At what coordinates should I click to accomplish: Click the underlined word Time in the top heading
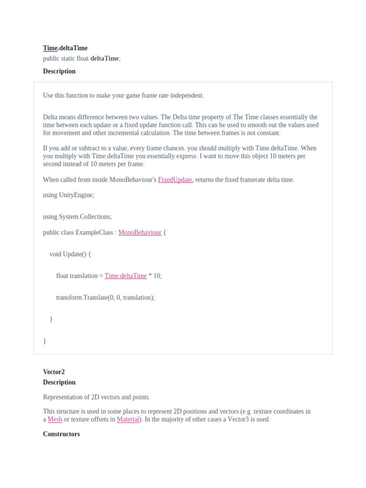coord(50,48)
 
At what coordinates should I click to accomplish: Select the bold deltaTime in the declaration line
coord(104,59)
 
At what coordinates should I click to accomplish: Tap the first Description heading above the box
coord(59,71)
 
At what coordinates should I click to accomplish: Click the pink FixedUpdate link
coord(175,180)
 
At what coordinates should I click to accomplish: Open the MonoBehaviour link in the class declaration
coord(140,233)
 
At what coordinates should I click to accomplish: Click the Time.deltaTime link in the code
coord(125,276)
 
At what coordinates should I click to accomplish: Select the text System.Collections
coord(84,217)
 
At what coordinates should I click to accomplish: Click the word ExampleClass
coord(94,233)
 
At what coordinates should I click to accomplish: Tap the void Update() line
coord(70,254)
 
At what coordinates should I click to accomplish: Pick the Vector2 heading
coord(54,372)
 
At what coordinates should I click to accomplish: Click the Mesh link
coord(55,419)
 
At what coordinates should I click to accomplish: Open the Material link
coord(128,419)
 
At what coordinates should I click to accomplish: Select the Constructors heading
coord(61,434)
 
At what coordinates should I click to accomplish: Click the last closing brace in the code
coord(44,341)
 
